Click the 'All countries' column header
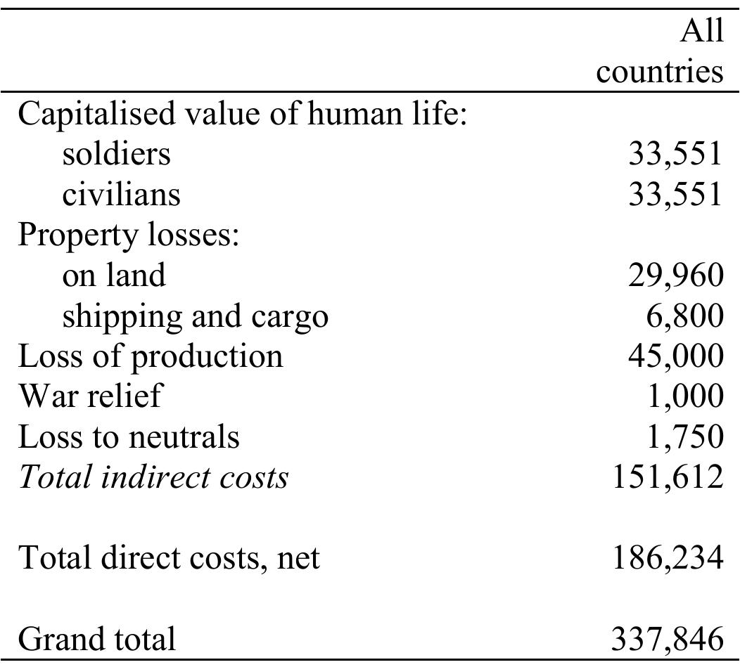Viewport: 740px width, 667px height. tap(660, 52)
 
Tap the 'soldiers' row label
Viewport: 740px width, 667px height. tap(116, 153)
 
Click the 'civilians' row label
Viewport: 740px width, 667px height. tap(121, 193)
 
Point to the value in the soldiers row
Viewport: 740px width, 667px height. tap(675, 153)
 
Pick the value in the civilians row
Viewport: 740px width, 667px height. tap(675, 193)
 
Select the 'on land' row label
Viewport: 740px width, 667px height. tap(114, 274)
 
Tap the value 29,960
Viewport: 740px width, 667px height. tap(675, 275)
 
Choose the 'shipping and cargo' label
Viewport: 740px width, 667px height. tap(195, 316)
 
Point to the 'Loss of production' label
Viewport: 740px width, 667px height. tap(150, 356)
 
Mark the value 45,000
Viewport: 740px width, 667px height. tap(675, 356)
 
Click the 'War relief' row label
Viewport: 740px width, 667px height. tap(89, 396)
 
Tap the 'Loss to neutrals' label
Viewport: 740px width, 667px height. tap(129, 436)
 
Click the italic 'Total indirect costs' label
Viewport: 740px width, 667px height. tap(153, 477)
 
